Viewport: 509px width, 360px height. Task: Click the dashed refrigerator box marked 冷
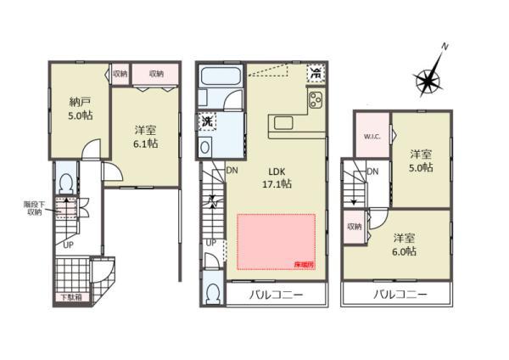click(x=316, y=72)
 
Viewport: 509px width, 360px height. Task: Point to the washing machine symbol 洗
click(x=207, y=122)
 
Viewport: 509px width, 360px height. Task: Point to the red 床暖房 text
click(x=304, y=265)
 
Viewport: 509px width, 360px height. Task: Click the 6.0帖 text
click(x=405, y=251)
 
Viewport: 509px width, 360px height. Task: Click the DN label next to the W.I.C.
click(x=372, y=172)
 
